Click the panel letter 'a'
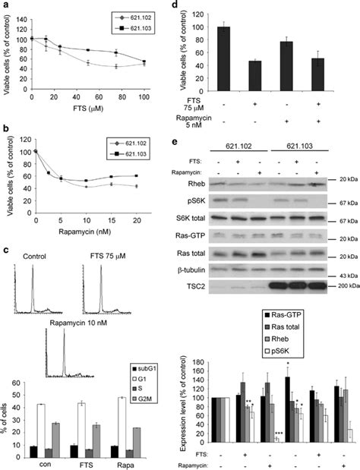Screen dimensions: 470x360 pos(5,7)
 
